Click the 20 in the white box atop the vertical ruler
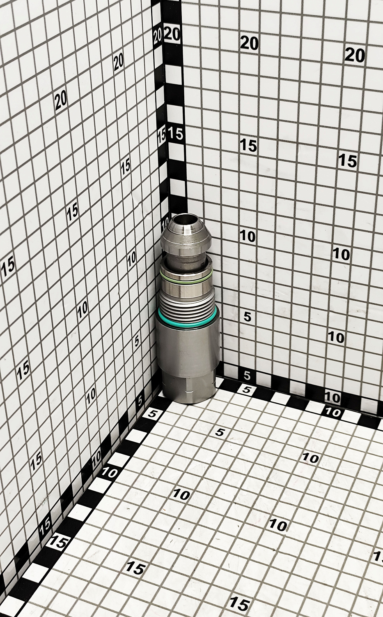(172, 34)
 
